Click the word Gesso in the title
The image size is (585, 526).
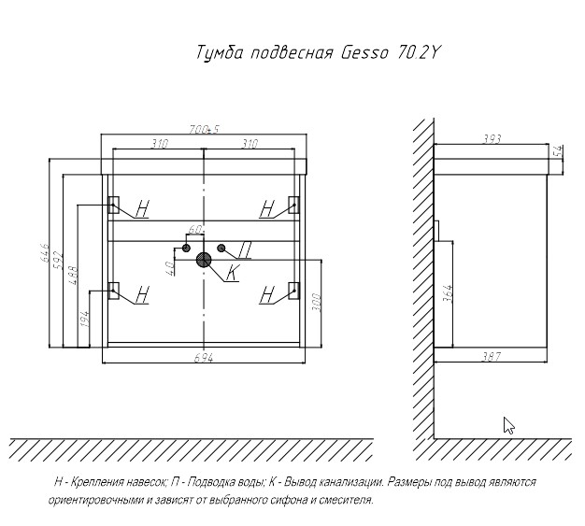364,52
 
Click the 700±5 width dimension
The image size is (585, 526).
204,130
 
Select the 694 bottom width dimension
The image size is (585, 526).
204,358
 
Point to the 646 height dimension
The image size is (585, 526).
45,252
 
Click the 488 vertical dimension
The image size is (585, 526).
73,276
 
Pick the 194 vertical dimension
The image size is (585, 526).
85,319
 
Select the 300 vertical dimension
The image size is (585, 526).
317,303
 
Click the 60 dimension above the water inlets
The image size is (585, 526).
194,230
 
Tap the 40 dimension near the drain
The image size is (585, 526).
170,268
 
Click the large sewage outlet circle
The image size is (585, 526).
204,260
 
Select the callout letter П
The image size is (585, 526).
245,250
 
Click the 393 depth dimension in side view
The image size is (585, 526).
492,139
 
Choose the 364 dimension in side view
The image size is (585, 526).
448,293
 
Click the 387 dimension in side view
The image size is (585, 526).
492,357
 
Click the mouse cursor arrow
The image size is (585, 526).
508,425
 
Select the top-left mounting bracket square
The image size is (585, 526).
113,205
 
